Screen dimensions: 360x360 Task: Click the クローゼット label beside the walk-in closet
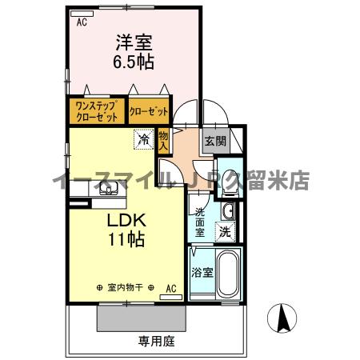coord(149,111)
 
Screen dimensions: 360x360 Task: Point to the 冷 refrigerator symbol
coord(144,139)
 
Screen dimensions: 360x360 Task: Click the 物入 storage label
coord(163,141)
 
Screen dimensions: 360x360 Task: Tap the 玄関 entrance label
coord(214,142)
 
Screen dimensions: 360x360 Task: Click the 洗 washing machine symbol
coord(226,232)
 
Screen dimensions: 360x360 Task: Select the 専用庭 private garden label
coord(156,341)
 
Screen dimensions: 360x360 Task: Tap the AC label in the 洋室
coord(82,22)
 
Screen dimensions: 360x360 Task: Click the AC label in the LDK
coord(170,287)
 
